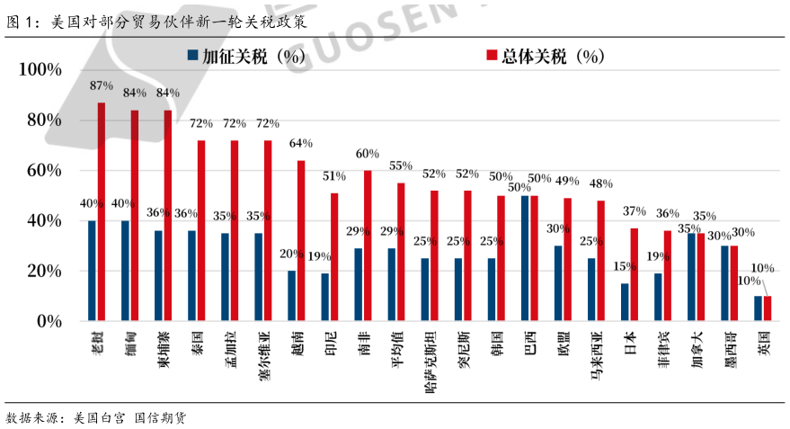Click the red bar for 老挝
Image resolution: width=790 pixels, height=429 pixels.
point(102,211)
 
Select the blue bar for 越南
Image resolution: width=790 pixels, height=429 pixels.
point(291,296)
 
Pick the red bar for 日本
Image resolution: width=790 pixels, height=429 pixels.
point(634,274)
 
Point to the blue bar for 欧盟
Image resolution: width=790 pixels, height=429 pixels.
point(558,283)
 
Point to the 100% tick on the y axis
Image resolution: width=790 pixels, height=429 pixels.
point(40,70)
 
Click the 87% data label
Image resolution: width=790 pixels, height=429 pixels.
point(102,85)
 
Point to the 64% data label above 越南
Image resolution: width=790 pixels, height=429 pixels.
point(301,144)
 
